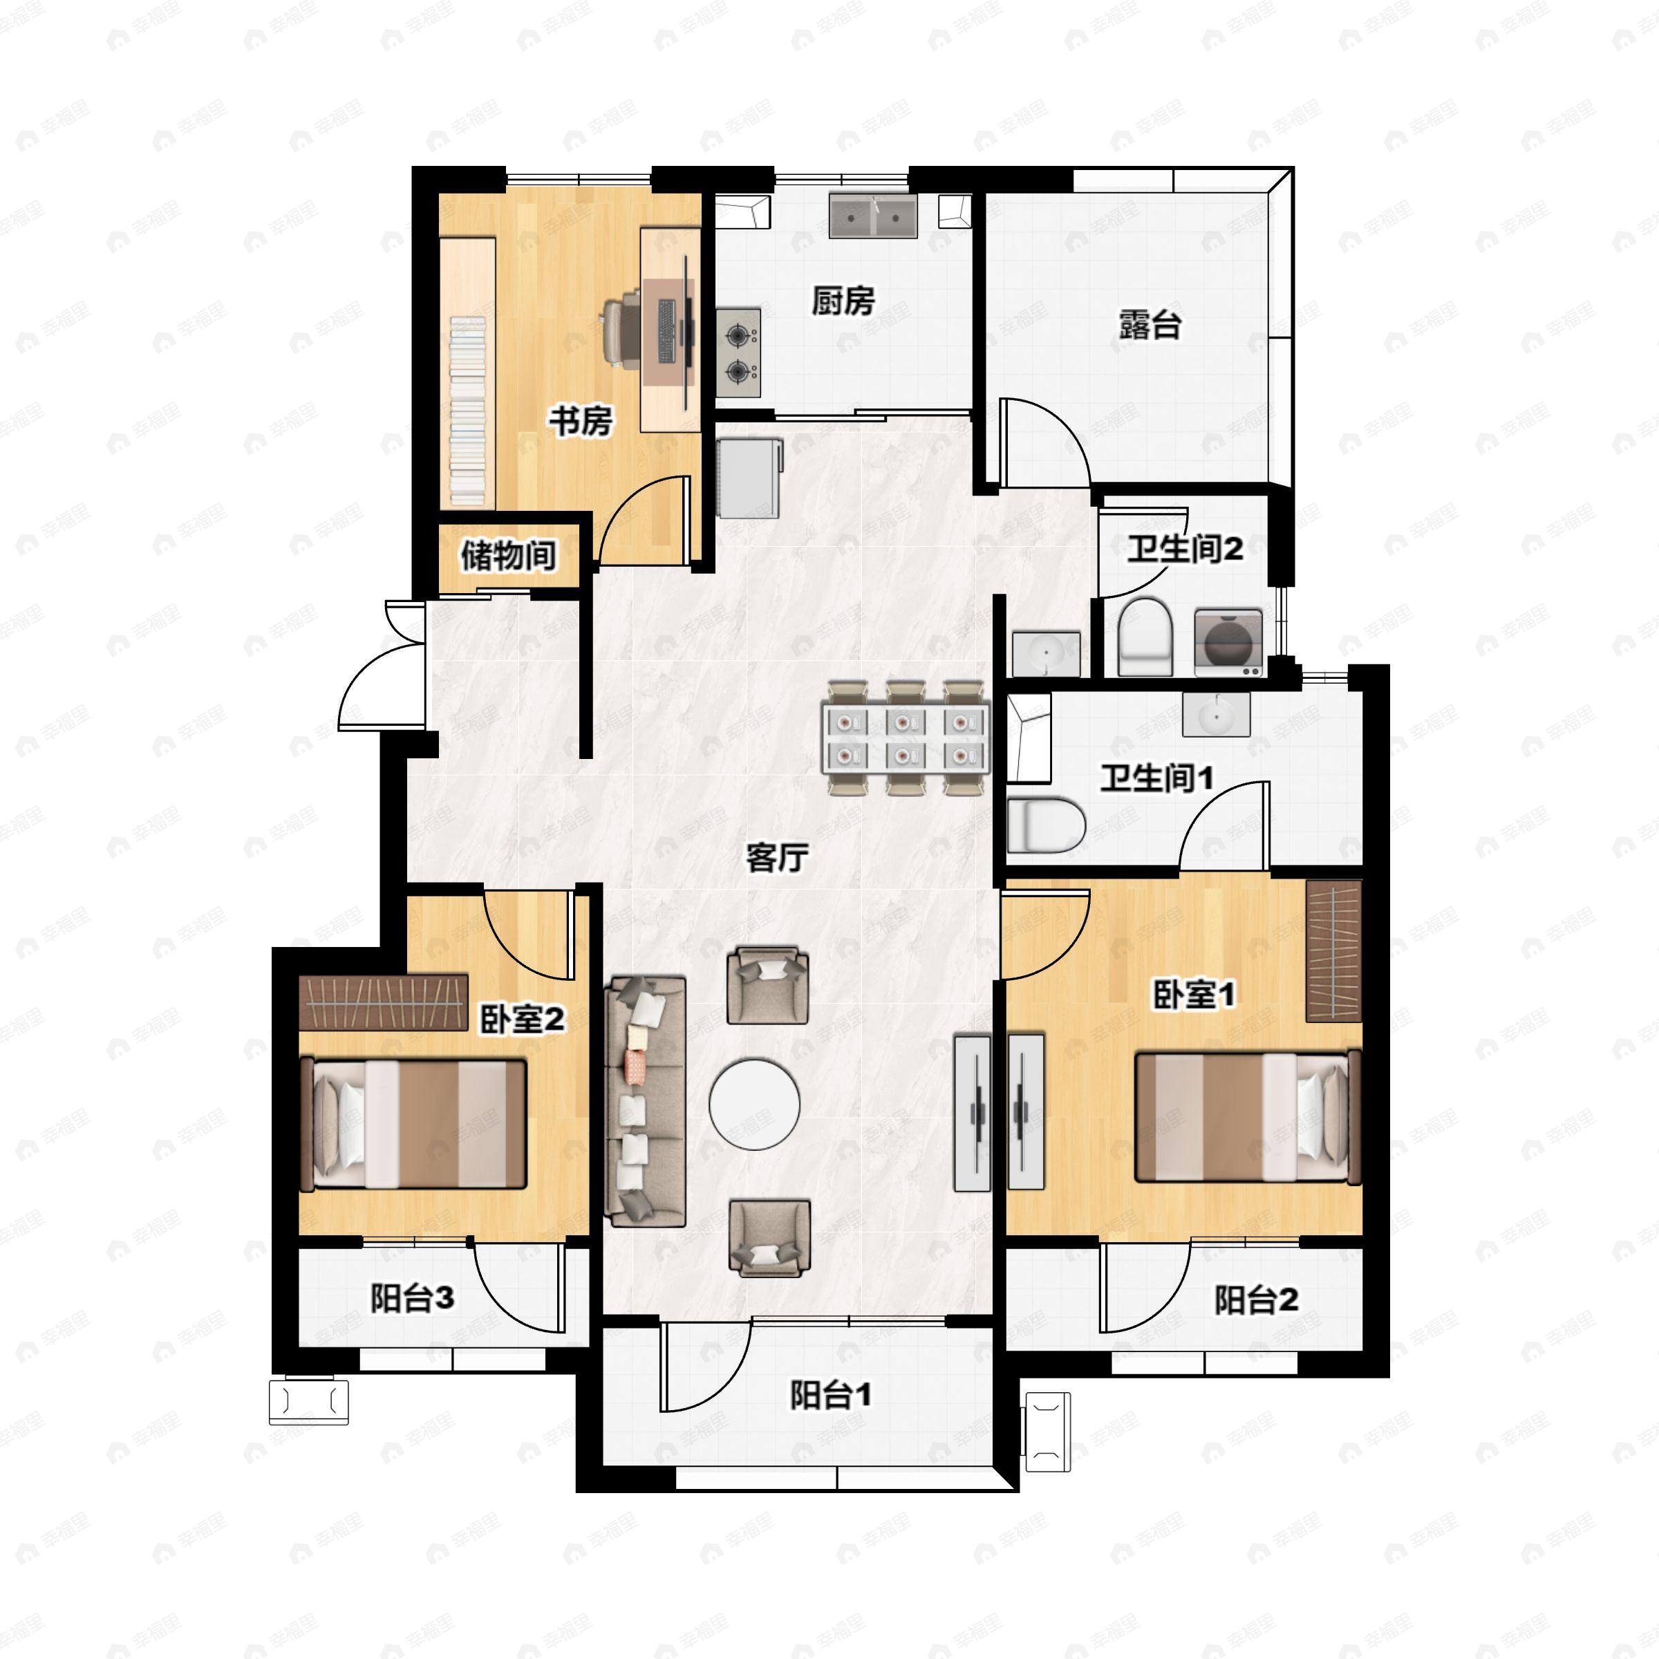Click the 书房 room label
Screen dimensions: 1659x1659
(x=581, y=422)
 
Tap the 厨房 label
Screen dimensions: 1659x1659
(x=843, y=301)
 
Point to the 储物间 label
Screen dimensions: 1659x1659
(x=508, y=556)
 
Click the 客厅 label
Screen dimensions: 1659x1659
(x=777, y=857)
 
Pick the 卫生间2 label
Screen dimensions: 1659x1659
(x=1185, y=549)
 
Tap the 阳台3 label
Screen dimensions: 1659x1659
(x=412, y=1297)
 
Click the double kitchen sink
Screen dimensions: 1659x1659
(x=873, y=216)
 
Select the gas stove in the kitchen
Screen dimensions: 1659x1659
(x=738, y=352)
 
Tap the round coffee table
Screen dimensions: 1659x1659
(x=755, y=1103)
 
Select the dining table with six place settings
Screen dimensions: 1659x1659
(x=905, y=738)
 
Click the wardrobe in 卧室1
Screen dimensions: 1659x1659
(x=1333, y=950)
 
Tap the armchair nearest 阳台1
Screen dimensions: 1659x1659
(x=769, y=1238)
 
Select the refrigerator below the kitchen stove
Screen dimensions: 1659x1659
(x=749, y=478)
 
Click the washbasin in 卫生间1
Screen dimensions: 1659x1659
(x=1216, y=715)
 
